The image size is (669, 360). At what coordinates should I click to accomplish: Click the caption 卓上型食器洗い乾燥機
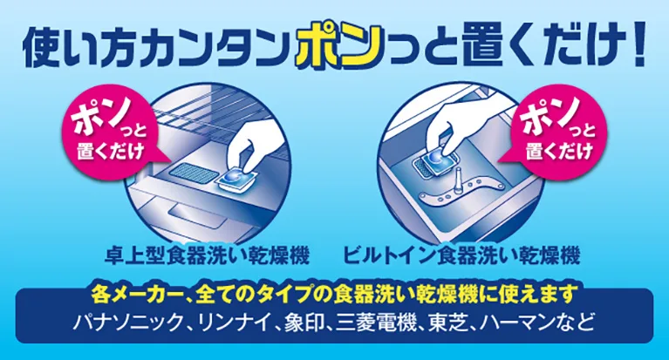pos(208,255)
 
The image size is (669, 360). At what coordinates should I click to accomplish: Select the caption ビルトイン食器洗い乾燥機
pos(461,255)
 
